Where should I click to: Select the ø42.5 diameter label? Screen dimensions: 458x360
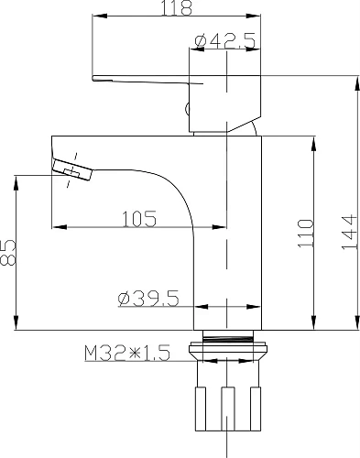[x=224, y=39]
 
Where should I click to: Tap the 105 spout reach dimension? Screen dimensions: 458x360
[x=138, y=219]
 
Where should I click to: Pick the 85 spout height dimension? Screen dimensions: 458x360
[x=10, y=252]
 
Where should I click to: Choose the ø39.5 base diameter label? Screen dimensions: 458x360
[x=147, y=298]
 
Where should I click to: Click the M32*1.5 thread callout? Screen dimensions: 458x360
[x=127, y=352]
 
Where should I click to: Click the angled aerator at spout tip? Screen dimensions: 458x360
[x=72, y=170]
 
